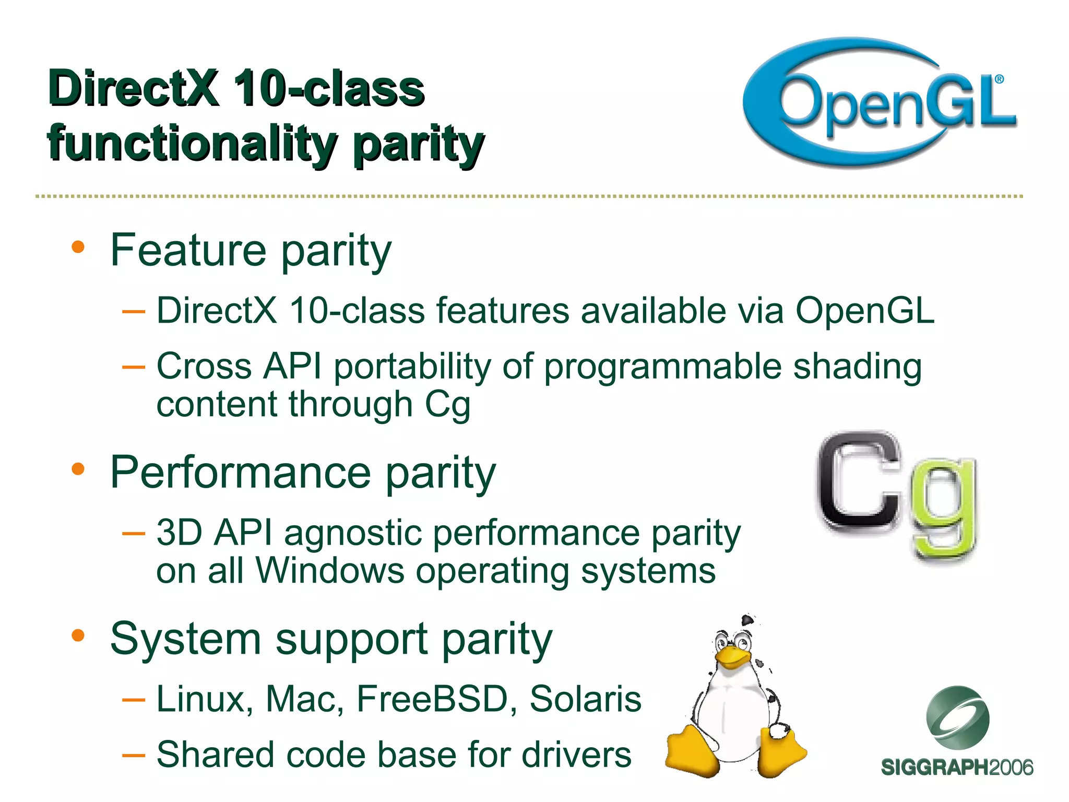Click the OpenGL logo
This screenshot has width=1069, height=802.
click(880, 102)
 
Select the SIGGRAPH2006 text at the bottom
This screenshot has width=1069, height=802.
click(957, 768)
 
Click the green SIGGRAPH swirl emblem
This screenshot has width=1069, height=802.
click(957, 717)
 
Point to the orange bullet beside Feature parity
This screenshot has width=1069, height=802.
click(78, 247)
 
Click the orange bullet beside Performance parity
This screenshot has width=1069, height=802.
click(78, 468)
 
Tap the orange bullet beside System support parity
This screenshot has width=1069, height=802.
click(78, 635)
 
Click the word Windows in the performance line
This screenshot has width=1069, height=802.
click(330, 570)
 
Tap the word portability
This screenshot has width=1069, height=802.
click(412, 367)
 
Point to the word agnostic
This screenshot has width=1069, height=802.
click(353, 533)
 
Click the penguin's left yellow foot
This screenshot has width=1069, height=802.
click(692, 752)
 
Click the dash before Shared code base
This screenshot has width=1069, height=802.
click(133, 755)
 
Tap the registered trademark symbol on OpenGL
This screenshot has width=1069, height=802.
click(999, 79)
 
